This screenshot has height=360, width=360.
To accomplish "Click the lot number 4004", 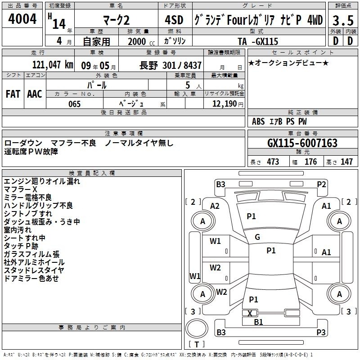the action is (x=22, y=19).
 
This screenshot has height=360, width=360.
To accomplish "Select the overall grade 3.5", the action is (x=343, y=20).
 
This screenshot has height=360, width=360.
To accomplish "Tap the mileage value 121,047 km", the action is (x=53, y=65).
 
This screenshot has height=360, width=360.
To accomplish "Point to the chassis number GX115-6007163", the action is (x=302, y=143).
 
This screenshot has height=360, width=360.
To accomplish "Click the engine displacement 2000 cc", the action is (x=141, y=41).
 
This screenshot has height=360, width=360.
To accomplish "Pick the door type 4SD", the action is (x=174, y=20).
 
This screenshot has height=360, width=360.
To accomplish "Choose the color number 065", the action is (x=74, y=104).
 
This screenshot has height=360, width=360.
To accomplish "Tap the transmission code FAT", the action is (x=13, y=94).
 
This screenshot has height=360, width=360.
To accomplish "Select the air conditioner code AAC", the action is (x=35, y=94).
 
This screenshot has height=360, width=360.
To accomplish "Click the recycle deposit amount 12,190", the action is (x=224, y=104).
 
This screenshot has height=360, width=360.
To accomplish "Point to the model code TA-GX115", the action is (x=258, y=41).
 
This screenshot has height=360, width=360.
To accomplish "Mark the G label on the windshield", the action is (x=257, y=237).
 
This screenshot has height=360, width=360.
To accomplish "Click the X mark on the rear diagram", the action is (x=250, y=313).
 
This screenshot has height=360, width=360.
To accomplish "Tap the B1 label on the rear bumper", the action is (x=258, y=322).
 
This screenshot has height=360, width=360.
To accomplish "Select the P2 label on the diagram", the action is (x=321, y=184).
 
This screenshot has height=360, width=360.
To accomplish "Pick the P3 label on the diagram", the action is (x=321, y=332).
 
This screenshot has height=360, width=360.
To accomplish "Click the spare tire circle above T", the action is (x=197, y=328).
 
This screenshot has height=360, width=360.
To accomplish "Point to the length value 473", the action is (x=273, y=162).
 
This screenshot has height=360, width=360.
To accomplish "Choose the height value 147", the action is (x=346, y=162).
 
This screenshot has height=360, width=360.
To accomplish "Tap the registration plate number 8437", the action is (x=193, y=65).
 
